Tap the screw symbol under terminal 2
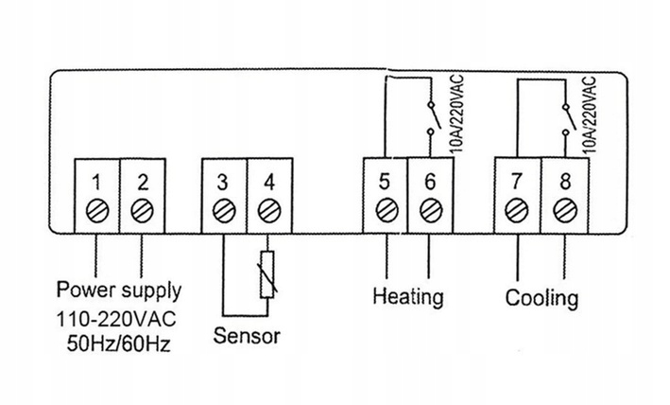[142, 208]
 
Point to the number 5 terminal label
[385, 179]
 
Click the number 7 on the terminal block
[516, 179]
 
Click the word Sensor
[248, 335]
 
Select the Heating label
[408, 297]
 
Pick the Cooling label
[541, 299]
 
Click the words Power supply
[120, 288]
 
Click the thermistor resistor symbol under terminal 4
[267, 276]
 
